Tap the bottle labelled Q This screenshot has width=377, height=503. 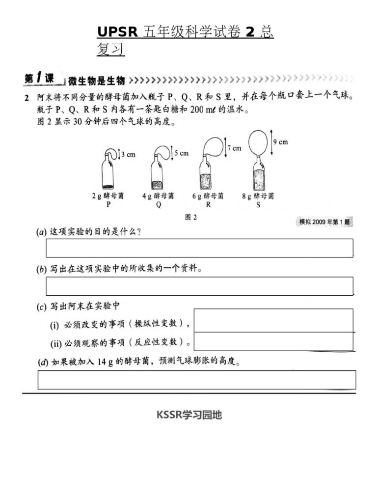coord(158,174)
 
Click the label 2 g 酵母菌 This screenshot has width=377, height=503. coord(108,196)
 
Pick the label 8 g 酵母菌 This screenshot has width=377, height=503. coord(258,196)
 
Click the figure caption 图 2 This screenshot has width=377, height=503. coord(190,218)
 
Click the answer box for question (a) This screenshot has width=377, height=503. coord(199,248)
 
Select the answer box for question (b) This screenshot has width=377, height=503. coord(199,286)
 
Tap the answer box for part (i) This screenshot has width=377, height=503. coord(274,320)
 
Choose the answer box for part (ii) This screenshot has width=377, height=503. coord(274,341)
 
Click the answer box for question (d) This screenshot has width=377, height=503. coord(196,380)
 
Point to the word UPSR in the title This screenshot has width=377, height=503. coord(118,32)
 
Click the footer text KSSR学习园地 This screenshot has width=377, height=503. coord(189,415)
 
